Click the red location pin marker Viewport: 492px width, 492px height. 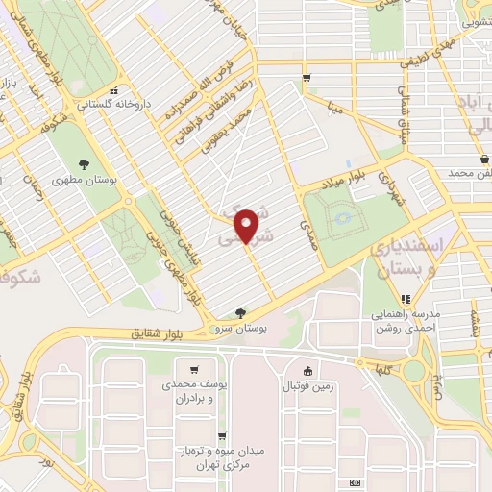click(x=247, y=225)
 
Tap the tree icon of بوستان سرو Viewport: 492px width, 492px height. click(x=239, y=312)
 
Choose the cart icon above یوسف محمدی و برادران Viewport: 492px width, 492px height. click(x=195, y=369)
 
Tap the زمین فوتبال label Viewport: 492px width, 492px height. click(x=306, y=386)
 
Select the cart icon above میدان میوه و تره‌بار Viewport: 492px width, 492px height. click(x=222, y=435)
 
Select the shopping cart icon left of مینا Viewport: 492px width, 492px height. click(x=307, y=79)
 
